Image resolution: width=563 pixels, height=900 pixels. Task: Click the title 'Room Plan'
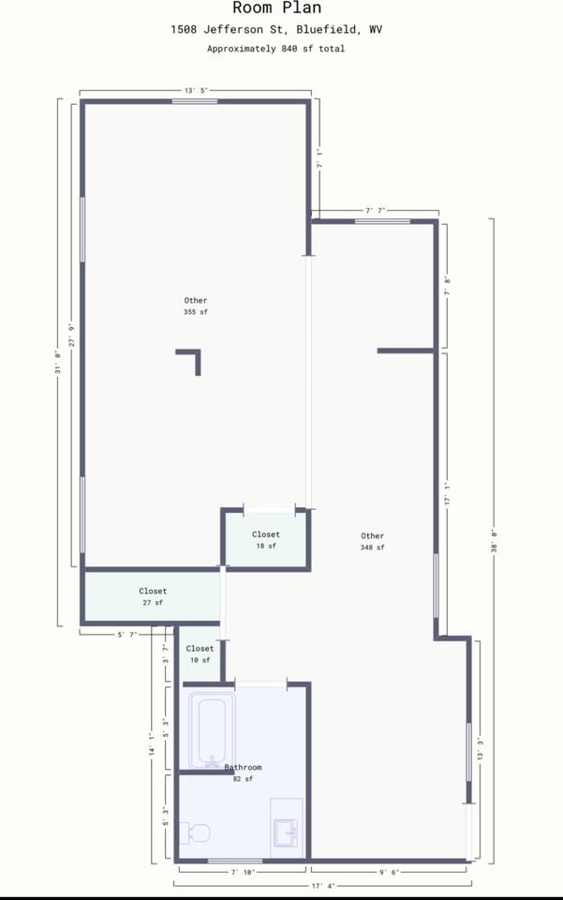(276, 8)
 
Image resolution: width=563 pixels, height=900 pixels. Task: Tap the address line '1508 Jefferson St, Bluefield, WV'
(276, 30)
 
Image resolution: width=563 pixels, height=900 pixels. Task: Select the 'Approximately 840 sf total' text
(275, 49)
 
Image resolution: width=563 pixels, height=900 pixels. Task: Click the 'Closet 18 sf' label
(265, 540)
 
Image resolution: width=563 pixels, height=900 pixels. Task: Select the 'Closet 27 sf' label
(153, 597)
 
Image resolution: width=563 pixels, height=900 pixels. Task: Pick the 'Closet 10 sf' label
(200, 654)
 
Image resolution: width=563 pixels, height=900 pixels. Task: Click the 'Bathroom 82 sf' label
(243, 772)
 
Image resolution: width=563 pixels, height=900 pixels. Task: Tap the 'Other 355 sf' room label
(196, 306)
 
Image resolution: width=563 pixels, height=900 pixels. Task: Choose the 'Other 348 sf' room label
(372, 541)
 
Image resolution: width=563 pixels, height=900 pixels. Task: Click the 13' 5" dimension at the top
(195, 90)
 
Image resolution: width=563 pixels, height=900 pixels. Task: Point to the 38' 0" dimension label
(492, 541)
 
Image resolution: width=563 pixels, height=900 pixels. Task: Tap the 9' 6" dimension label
(388, 873)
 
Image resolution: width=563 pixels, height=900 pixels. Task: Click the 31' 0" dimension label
(58, 363)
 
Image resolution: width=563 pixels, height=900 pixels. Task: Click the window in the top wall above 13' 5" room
(195, 101)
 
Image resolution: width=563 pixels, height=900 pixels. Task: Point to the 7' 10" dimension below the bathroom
(243, 873)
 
